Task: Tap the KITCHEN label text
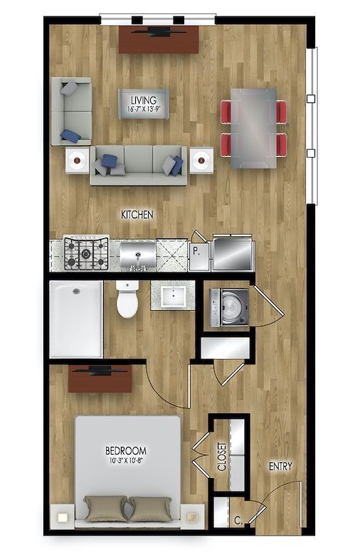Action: [x=137, y=214]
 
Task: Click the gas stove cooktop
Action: [x=86, y=254]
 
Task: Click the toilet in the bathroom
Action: [x=127, y=299]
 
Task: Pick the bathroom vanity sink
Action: [x=173, y=296]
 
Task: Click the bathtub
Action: [x=76, y=319]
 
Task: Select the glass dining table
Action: [x=254, y=127]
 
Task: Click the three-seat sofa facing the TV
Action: [x=139, y=164]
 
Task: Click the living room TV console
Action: [x=158, y=40]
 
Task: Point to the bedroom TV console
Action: [x=100, y=379]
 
